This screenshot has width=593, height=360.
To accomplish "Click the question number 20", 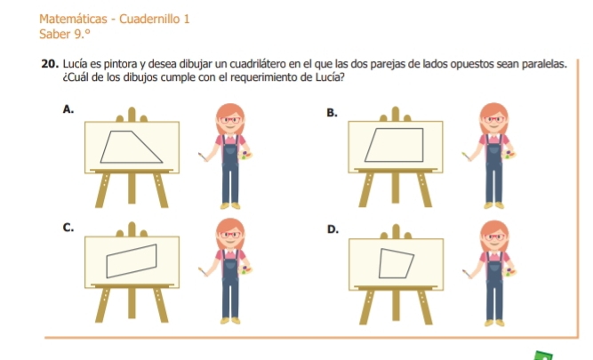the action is click(50, 64).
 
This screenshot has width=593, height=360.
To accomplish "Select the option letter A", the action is click(68, 109).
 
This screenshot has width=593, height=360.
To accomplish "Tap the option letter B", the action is click(332, 113).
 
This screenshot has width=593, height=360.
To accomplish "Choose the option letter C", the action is click(68, 228).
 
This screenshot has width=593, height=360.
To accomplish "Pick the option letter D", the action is click(333, 229).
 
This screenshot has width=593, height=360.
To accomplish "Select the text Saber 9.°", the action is click(65, 35).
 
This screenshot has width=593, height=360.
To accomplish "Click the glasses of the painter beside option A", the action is click(230, 120).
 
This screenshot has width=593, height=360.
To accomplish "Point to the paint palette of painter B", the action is click(509, 155).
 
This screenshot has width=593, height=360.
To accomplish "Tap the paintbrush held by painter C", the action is click(203, 271).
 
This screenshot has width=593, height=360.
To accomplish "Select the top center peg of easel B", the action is click(396, 114).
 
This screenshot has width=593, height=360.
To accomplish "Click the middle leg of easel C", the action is click(132, 303).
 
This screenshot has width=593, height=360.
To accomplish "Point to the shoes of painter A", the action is click(230, 205).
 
